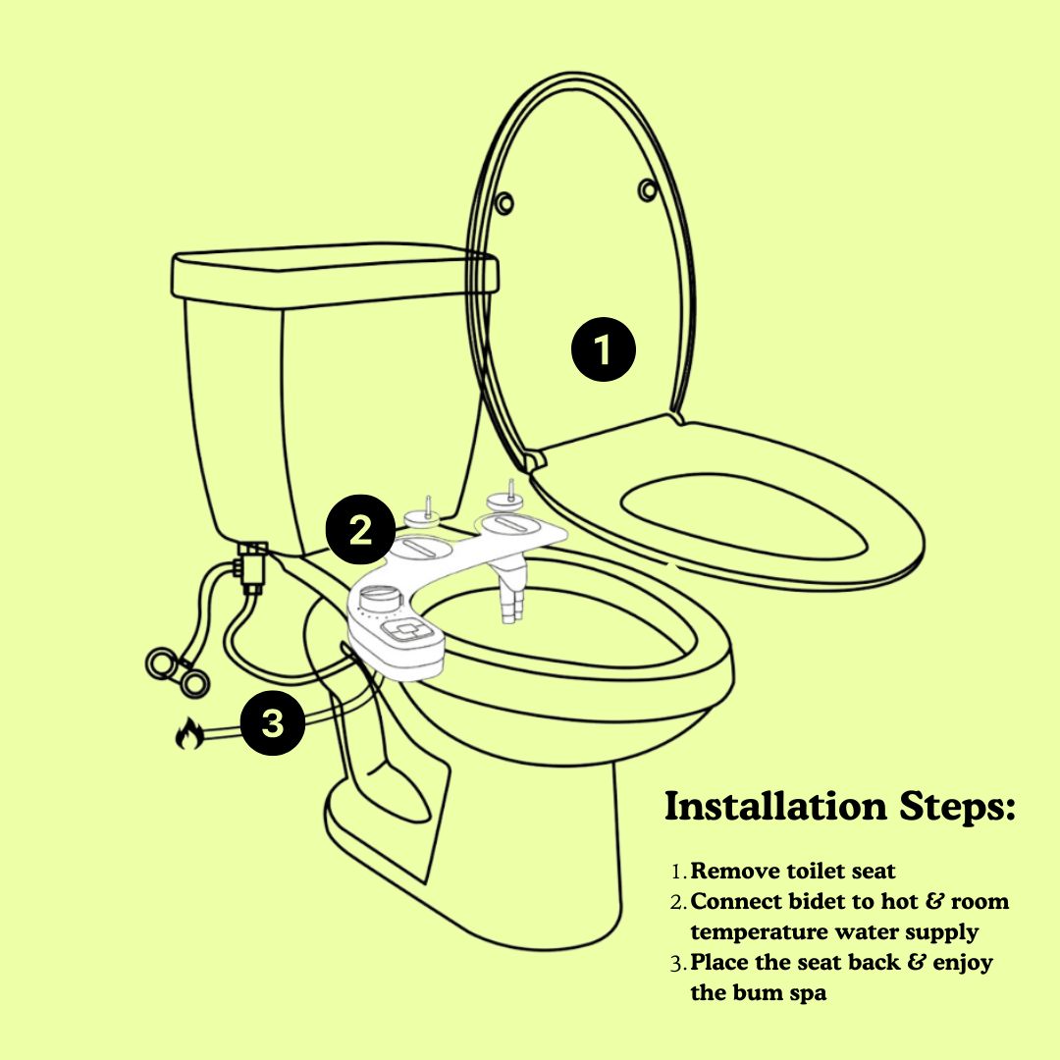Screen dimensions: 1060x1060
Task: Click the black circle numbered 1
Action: tap(603, 348)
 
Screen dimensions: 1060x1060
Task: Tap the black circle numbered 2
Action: tap(359, 529)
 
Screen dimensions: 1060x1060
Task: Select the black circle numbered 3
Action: tap(273, 722)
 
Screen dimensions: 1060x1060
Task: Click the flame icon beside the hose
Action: tap(187, 734)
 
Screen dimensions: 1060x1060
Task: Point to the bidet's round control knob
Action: tap(380, 599)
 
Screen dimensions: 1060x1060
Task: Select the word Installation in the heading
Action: tap(774, 806)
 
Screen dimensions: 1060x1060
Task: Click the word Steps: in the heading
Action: tap(957, 807)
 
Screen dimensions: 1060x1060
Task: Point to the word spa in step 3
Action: tap(807, 993)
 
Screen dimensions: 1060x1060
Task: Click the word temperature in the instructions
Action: tap(759, 932)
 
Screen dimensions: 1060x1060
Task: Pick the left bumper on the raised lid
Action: tap(503, 203)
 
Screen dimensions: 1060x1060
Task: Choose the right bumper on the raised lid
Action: tap(648, 190)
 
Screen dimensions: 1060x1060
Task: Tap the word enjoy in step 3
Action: tap(963, 964)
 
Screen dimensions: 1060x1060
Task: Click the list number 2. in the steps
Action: tap(679, 902)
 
